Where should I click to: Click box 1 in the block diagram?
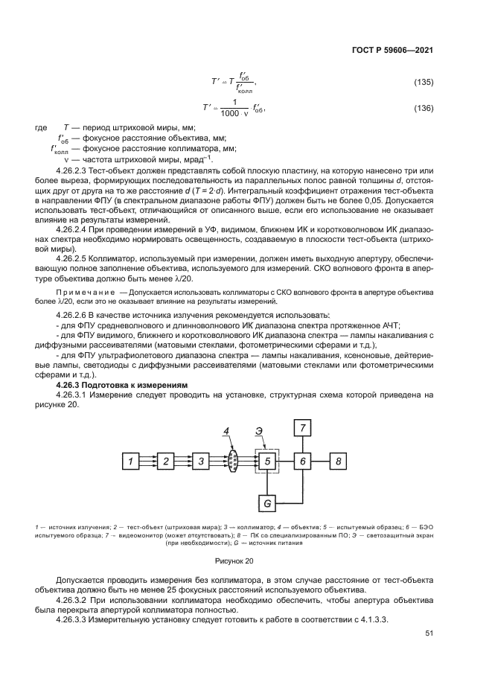pos(131,462)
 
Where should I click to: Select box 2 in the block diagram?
pos(165,462)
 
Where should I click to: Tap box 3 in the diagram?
pos(199,462)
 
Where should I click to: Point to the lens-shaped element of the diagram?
pos(233,462)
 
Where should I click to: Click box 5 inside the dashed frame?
pos(267,462)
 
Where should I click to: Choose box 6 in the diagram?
pos(302,462)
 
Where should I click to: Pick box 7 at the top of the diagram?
pos(302,427)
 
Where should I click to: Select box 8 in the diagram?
pos(338,462)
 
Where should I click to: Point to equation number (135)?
pos(424,82)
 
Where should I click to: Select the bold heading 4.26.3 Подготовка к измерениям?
pos(122,384)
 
